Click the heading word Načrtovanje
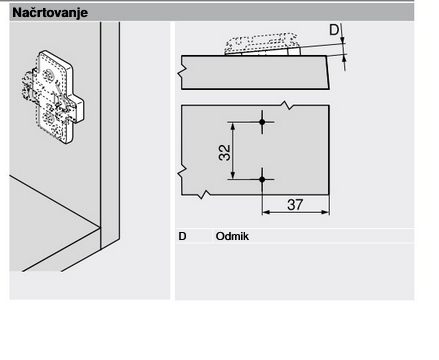click(50, 13)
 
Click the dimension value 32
click(225, 153)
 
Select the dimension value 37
click(295, 205)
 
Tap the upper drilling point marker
click(262, 122)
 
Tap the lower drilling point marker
click(262, 179)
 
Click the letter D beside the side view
click(334, 30)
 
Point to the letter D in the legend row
click(182, 236)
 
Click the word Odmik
click(232, 236)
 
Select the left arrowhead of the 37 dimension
click(266, 212)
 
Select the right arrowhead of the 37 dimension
click(326, 212)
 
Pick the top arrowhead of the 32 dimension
click(233, 126)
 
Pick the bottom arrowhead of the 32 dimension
click(233, 175)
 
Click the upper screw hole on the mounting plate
click(49, 75)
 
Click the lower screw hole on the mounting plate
click(49, 117)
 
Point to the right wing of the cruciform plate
click(79, 108)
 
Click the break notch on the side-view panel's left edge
click(183, 72)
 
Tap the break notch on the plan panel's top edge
click(287, 105)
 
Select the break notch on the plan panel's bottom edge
click(203, 194)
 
